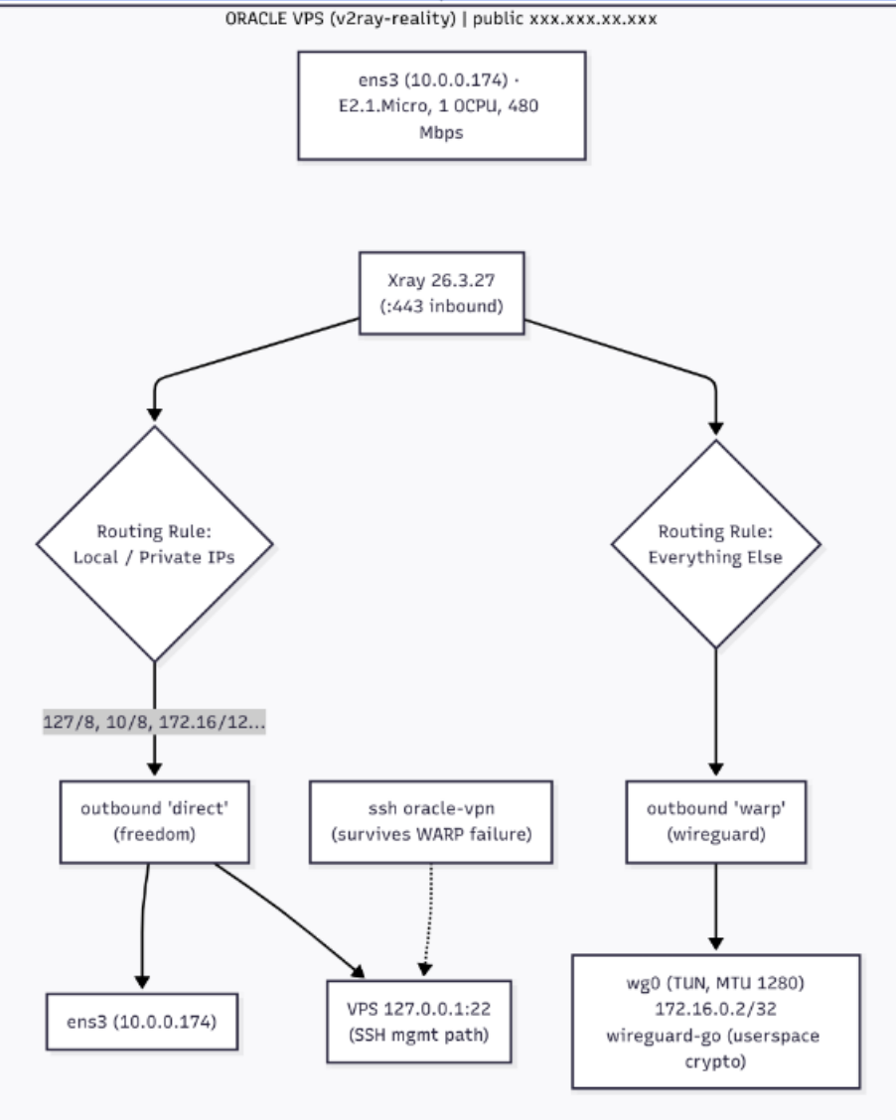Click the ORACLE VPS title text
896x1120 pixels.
click(x=441, y=18)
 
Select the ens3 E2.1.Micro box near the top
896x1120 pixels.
click(x=442, y=105)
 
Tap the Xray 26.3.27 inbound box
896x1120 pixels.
click(x=442, y=293)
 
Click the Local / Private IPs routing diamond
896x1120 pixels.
click(x=154, y=543)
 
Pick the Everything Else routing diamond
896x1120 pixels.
click(x=716, y=543)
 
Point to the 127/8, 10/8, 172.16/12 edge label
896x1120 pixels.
click(x=154, y=722)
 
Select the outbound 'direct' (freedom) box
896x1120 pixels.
click(x=154, y=821)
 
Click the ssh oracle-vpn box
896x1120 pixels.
click(x=431, y=821)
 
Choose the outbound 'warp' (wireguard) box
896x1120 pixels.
click(x=716, y=821)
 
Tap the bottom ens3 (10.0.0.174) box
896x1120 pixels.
click(x=141, y=1022)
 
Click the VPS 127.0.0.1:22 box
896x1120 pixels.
click(x=419, y=1022)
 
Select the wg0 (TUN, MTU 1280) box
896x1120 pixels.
click(x=716, y=1022)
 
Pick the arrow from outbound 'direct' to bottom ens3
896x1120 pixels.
click(x=143, y=926)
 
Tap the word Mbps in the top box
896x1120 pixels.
click(x=441, y=133)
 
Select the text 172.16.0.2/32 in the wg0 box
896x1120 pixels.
click(x=715, y=1009)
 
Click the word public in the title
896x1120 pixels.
click(x=498, y=19)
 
